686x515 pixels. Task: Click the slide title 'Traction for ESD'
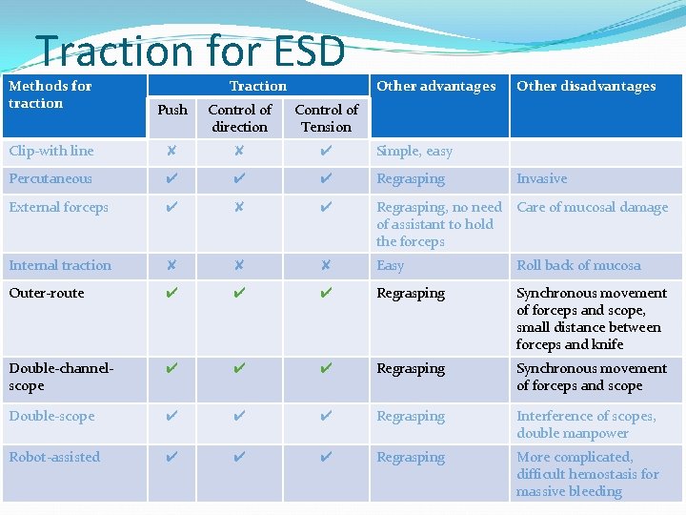[190, 51]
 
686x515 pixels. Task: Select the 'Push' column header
[172, 110]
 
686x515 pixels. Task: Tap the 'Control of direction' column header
[239, 118]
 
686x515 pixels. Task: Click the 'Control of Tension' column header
[326, 118]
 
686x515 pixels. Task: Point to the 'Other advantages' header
[435, 86]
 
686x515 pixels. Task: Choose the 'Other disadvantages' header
[586, 86]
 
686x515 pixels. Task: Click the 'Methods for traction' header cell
[50, 94]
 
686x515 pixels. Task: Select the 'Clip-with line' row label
[51, 152]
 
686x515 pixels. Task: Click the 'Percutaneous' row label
[50, 179]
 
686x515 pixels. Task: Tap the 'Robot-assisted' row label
[54, 458]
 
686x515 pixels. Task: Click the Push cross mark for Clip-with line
[171, 152]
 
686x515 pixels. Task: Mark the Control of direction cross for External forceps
[239, 207]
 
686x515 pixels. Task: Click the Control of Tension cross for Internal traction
[326, 266]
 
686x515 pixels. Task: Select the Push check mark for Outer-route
[171, 294]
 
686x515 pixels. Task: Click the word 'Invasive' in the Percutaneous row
[541, 179]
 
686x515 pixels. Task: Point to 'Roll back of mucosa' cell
[578, 266]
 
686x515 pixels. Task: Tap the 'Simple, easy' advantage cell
[414, 152]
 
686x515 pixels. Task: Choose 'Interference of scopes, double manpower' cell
[586, 424]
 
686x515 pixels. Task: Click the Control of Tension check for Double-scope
[326, 417]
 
